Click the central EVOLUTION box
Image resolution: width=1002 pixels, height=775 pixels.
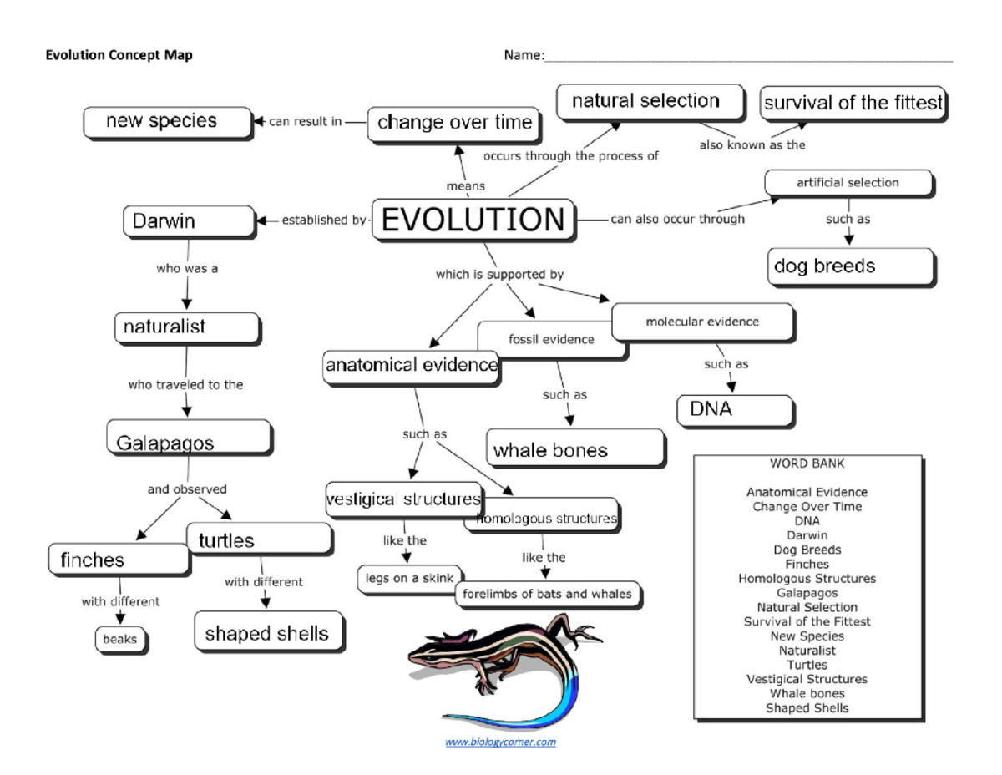pyautogui.click(x=473, y=220)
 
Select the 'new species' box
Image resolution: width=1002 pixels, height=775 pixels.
pyautogui.click(x=167, y=122)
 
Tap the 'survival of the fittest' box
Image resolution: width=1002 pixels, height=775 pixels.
pyautogui.click(x=853, y=104)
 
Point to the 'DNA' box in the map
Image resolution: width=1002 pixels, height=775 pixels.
pyautogui.click(x=733, y=410)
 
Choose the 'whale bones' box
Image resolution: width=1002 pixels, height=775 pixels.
pyautogui.click(x=575, y=449)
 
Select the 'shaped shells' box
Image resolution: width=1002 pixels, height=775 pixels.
pyautogui.click(x=267, y=633)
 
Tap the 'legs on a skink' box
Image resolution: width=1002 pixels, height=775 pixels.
pyautogui.click(x=409, y=578)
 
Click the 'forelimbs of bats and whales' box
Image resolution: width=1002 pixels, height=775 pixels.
pyautogui.click(x=548, y=595)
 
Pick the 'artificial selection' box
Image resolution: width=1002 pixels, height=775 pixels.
pyautogui.click(x=848, y=182)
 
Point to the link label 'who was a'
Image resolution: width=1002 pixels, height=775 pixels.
pyautogui.click(x=187, y=270)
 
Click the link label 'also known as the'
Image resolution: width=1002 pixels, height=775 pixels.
pyautogui.click(x=751, y=144)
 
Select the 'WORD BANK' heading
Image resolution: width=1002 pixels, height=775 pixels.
pyautogui.click(x=807, y=463)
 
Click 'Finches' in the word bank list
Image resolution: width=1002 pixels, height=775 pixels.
pyautogui.click(x=807, y=564)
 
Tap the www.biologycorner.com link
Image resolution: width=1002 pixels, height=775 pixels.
pyautogui.click(x=500, y=741)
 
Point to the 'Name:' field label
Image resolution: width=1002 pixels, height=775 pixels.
pyautogui.click(x=524, y=56)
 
